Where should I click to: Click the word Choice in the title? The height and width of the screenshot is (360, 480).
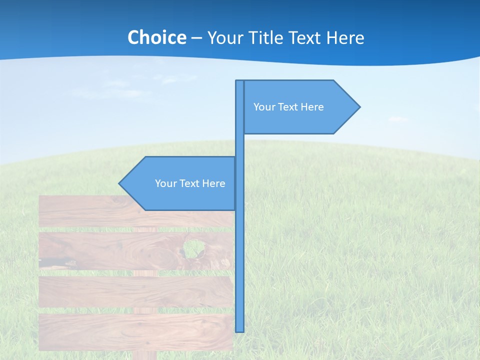[156, 37]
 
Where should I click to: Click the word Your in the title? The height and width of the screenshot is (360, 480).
[225, 37]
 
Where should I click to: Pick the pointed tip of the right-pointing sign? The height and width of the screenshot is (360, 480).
[359, 106]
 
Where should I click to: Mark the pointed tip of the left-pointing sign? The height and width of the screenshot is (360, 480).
[119, 183]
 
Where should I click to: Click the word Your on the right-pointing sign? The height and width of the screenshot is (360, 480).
[263, 107]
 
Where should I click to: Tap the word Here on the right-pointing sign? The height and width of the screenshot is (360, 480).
[312, 107]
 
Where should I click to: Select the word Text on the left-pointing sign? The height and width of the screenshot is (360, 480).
[190, 183]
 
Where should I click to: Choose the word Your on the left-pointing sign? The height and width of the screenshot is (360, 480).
[165, 183]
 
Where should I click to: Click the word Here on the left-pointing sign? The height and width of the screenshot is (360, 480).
[213, 183]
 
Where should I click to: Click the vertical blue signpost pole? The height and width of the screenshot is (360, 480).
[240, 250]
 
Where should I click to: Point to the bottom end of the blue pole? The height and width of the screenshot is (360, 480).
[240, 330]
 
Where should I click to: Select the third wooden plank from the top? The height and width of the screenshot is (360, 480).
[135, 291]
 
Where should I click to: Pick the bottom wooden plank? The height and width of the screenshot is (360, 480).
[135, 331]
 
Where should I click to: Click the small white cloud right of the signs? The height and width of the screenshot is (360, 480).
[398, 119]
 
